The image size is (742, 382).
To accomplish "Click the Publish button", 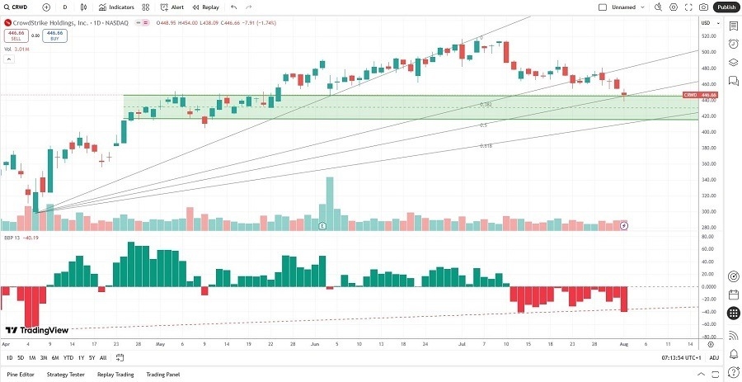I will tap(726, 7).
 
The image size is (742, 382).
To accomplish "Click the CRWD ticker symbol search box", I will tap(21, 7).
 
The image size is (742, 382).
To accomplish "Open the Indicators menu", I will tap(116, 7).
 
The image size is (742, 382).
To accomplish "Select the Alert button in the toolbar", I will tap(172, 7).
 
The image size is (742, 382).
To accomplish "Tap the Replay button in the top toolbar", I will tap(205, 7).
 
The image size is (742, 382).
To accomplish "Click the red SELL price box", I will tap(16, 35).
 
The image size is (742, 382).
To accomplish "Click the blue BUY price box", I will tap(55, 35).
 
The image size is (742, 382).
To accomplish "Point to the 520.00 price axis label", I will tap(707, 35).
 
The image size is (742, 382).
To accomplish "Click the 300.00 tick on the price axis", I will tap(707, 211).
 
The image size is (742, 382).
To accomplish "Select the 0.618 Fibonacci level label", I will tap(486, 145).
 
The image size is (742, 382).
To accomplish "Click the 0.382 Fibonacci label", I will tap(486, 105).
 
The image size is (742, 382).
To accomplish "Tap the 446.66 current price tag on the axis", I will tap(707, 95).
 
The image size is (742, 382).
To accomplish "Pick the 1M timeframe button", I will tap(31, 357).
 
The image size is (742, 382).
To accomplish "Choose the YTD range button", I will tap(68, 357).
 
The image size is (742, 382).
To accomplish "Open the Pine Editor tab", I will tap(21, 374).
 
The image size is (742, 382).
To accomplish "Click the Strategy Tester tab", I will tap(66, 374).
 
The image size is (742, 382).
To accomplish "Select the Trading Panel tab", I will tap(163, 374).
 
